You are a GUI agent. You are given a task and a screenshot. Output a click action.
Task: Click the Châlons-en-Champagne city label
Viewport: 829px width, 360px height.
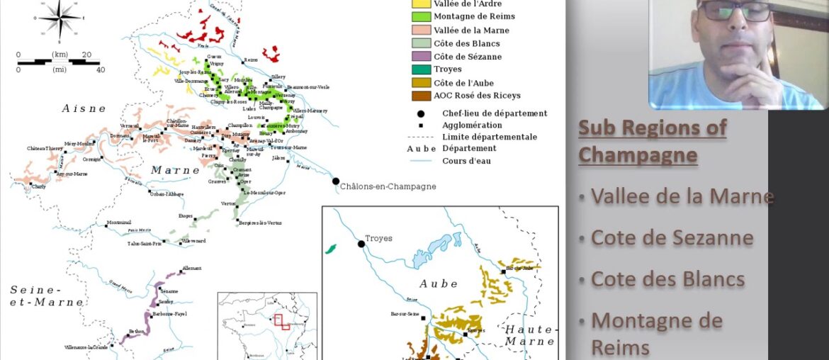pyautogui.click(x=388, y=186)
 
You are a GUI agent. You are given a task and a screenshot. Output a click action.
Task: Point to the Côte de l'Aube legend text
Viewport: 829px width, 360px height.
pyautogui.click(x=468, y=83)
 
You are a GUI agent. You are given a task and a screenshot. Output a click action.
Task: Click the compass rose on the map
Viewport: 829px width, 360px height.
pyautogui.click(x=60, y=18)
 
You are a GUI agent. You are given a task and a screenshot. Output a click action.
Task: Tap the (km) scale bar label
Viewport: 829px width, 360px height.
pyautogui.click(x=60, y=55)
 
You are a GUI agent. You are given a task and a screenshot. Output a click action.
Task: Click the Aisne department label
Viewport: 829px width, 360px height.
pyautogui.click(x=84, y=108)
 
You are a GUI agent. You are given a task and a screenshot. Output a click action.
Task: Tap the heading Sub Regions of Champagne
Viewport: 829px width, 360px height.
pyautogui.click(x=652, y=140)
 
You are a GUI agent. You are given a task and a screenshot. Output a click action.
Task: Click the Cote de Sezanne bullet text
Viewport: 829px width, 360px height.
pyautogui.click(x=672, y=237)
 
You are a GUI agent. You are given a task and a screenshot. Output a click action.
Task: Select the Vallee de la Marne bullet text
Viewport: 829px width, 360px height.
pyautogui.click(x=682, y=196)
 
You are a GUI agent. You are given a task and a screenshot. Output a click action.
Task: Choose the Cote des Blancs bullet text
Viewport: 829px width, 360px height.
pyautogui.click(x=667, y=279)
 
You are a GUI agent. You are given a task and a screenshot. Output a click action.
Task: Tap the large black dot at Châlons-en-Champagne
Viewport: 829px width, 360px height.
pyautogui.click(x=336, y=181)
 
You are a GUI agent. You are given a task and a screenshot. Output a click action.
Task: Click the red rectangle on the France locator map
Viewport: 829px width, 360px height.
pyautogui.click(x=281, y=322)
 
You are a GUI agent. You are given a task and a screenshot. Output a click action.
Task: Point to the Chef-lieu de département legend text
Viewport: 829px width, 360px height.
pyautogui.click(x=495, y=113)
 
